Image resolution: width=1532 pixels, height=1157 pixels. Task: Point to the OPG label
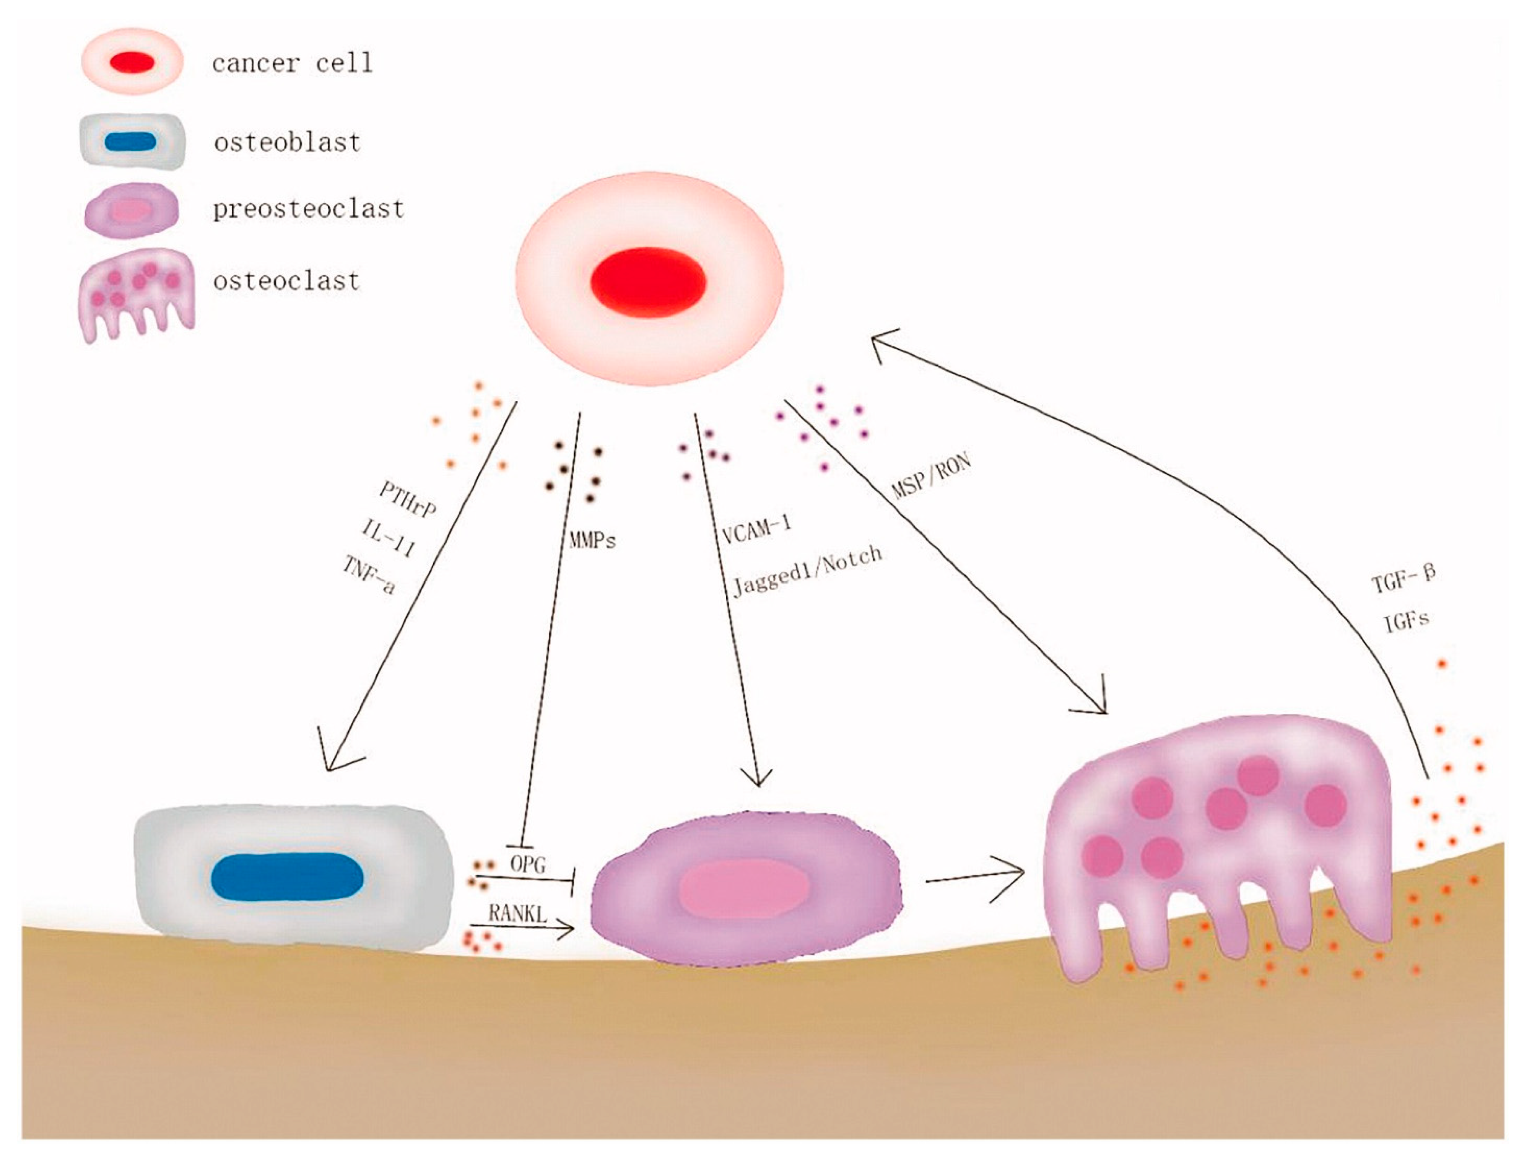point(528,864)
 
